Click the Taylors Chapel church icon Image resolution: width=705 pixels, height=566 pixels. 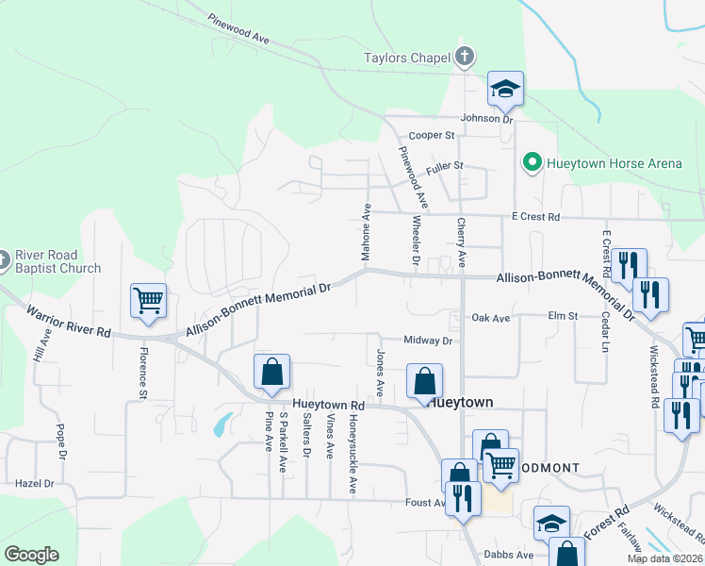(x=464, y=58)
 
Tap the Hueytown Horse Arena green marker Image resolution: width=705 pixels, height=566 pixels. (x=532, y=163)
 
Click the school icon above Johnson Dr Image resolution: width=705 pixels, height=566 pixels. (x=505, y=90)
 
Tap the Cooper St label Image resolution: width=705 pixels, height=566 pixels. (x=432, y=135)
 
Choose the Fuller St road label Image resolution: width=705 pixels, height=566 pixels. (x=445, y=166)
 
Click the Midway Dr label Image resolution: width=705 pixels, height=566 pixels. (x=428, y=341)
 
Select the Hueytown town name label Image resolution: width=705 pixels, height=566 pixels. (x=460, y=402)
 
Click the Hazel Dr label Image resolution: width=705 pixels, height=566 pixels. (x=37, y=483)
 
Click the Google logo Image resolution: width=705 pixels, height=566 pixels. (x=31, y=555)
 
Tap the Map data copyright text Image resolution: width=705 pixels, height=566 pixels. (x=665, y=558)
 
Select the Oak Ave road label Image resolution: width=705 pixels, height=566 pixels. (x=490, y=318)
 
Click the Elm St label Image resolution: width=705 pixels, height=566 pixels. (x=563, y=317)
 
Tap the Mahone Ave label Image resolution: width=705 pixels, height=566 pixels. (x=366, y=232)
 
